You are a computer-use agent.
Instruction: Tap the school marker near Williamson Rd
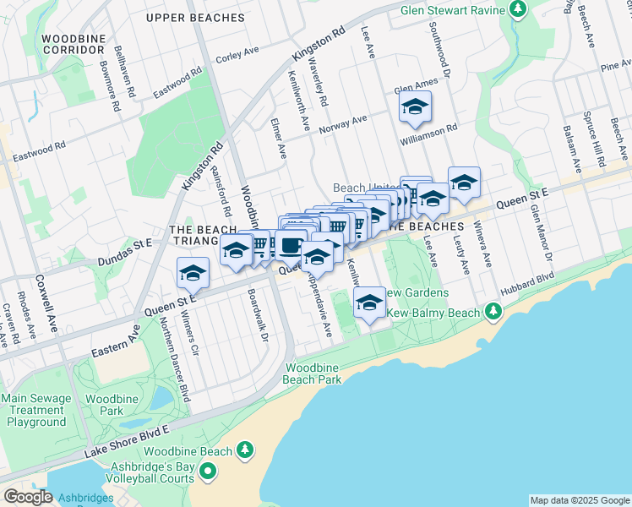click(415, 106)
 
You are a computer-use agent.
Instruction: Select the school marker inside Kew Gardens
click(368, 303)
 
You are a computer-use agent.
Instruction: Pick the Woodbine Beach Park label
click(313, 373)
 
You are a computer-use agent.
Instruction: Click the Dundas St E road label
click(124, 246)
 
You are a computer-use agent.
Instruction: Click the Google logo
click(29, 498)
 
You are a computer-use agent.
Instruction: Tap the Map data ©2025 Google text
click(579, 500)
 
